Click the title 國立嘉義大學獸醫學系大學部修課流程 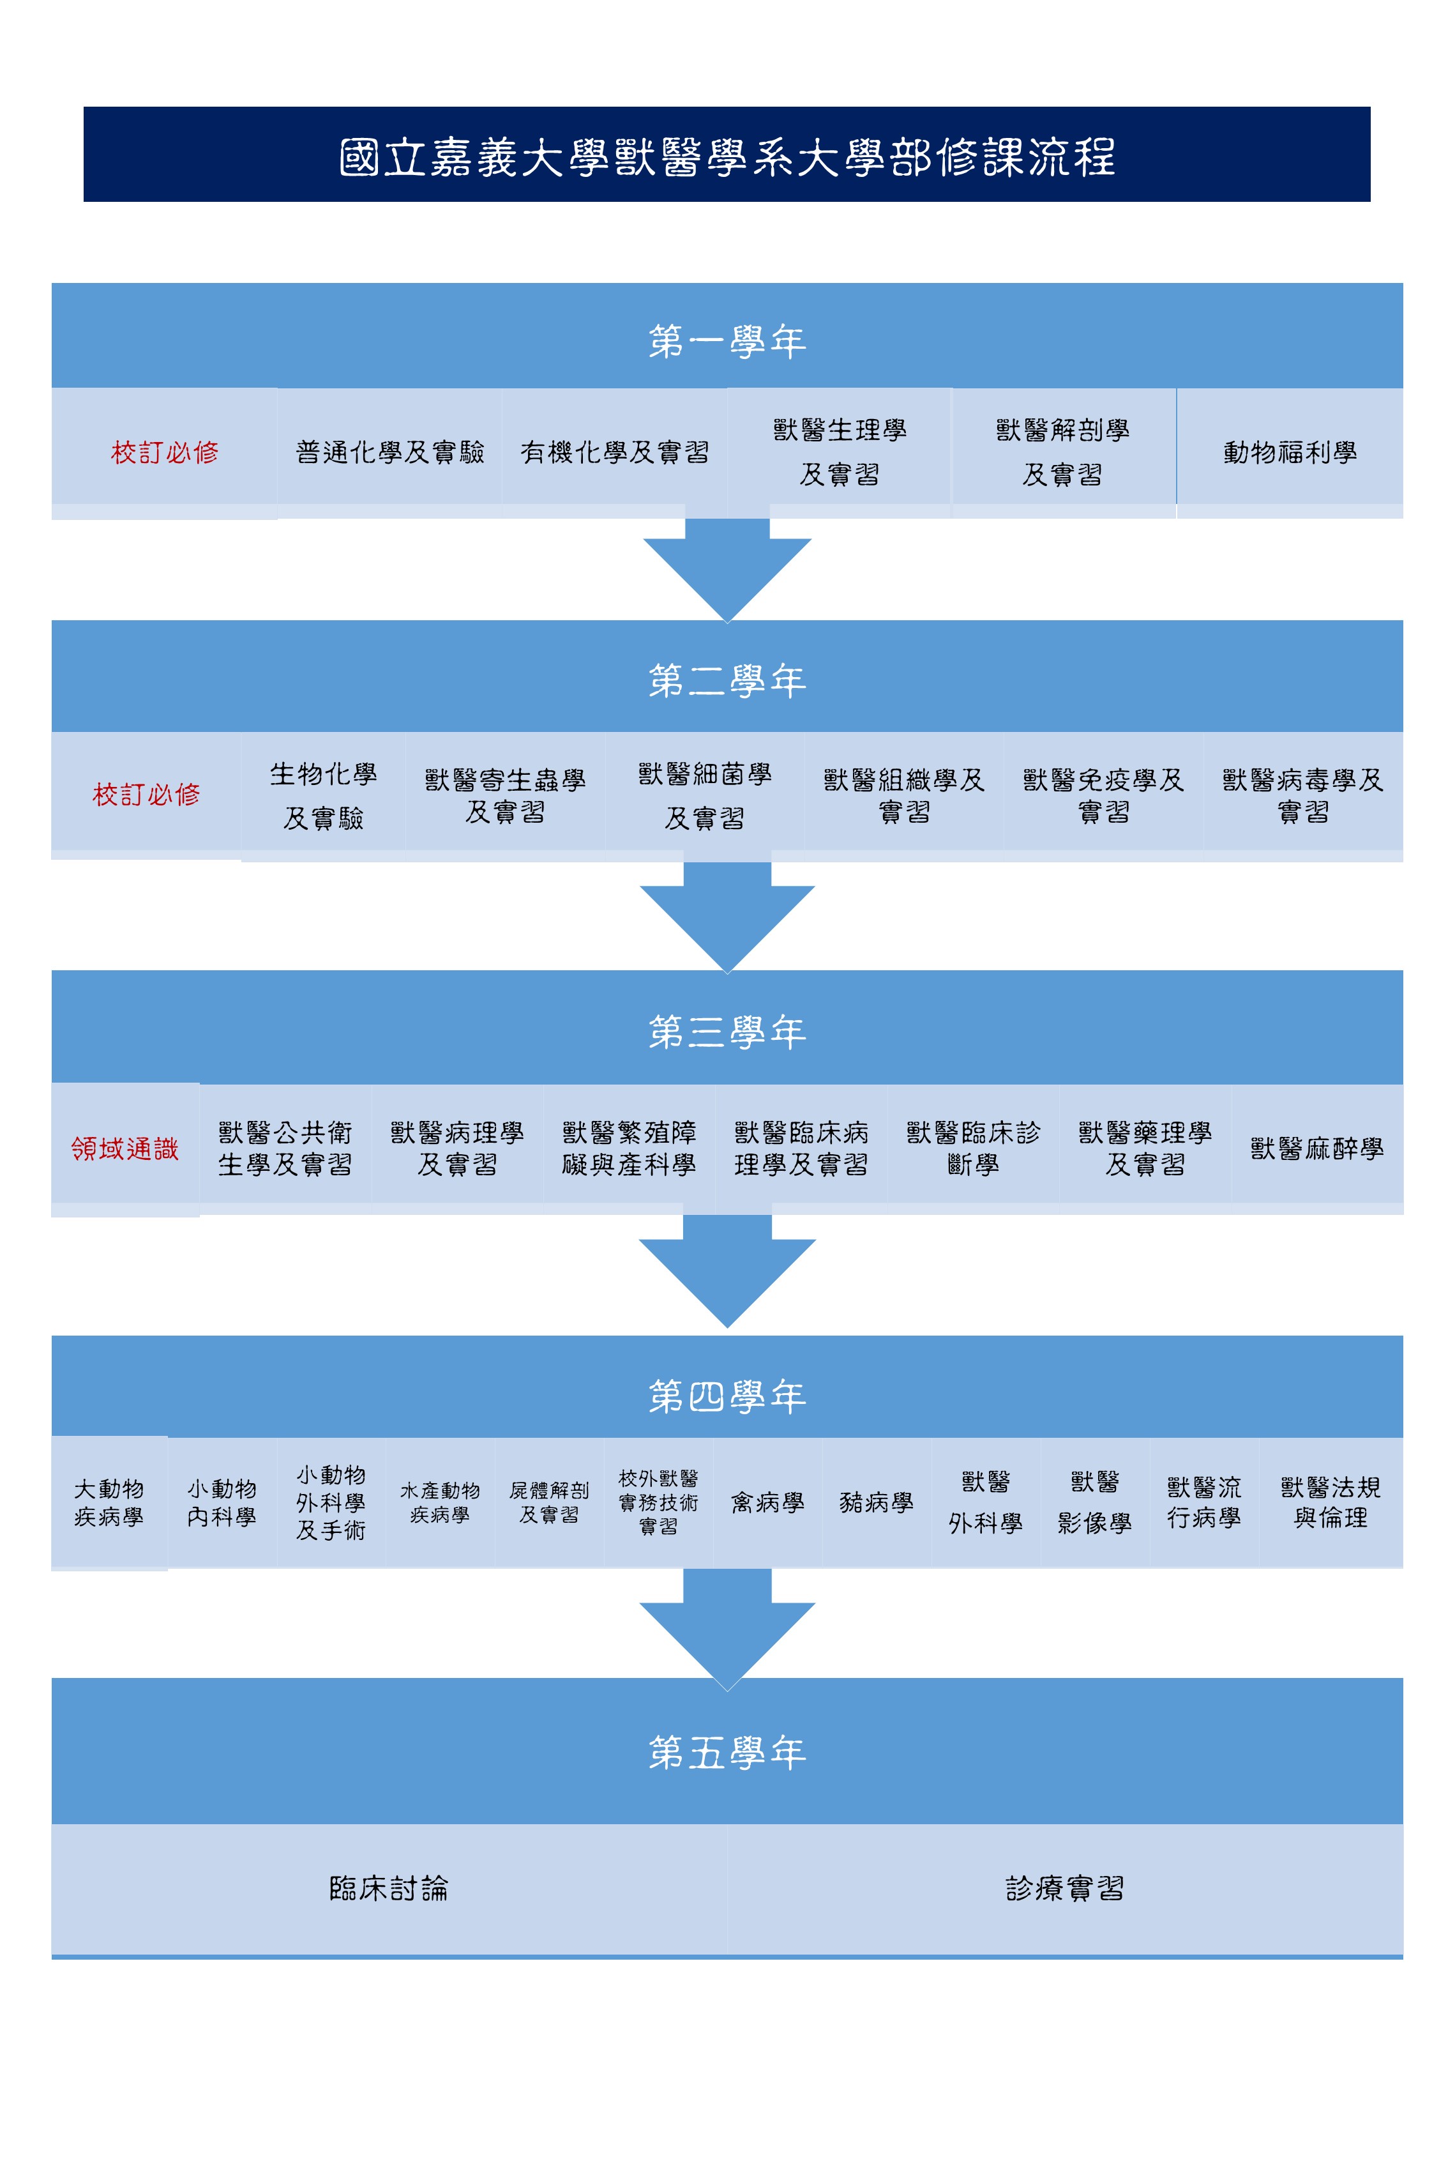point(727,157)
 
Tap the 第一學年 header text point(727,342)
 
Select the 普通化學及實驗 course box point(389,451)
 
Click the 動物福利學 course point(1290,452)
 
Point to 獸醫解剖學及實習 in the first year point(1063,452)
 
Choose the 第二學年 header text point(727,681)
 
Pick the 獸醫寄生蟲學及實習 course point(505,795)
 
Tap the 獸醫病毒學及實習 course point(1303,795)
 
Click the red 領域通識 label point(124,1148)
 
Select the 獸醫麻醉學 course point(1317,1148)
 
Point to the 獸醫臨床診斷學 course point(974,1148)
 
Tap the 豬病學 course point(877,1502)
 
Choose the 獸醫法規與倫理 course point(1331,1502)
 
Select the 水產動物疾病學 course point(439,1502)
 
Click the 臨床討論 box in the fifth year point(389,1887)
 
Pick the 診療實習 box point(1065,1887)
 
